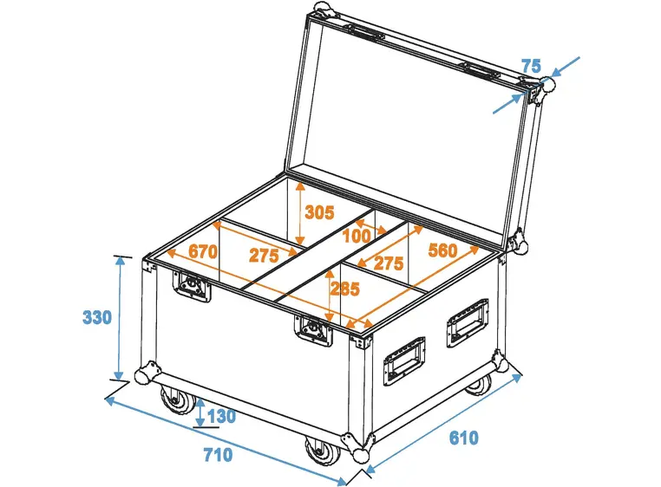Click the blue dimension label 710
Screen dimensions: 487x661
coord(217,453)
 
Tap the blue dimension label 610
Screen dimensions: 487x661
coord(463,438)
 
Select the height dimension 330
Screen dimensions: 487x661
coord(97,317)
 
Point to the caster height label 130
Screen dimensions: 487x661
coord(221,417)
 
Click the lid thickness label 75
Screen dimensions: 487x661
coord(531,66)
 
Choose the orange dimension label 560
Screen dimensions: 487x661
coord(442,251)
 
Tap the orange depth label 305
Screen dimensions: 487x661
coord(320,211)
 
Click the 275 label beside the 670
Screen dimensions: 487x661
coord(264,255)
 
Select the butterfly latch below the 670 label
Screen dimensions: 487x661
coord(193,286)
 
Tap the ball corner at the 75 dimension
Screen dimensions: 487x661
coord(547,85)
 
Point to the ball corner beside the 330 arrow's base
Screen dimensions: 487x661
coord(142,377)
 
